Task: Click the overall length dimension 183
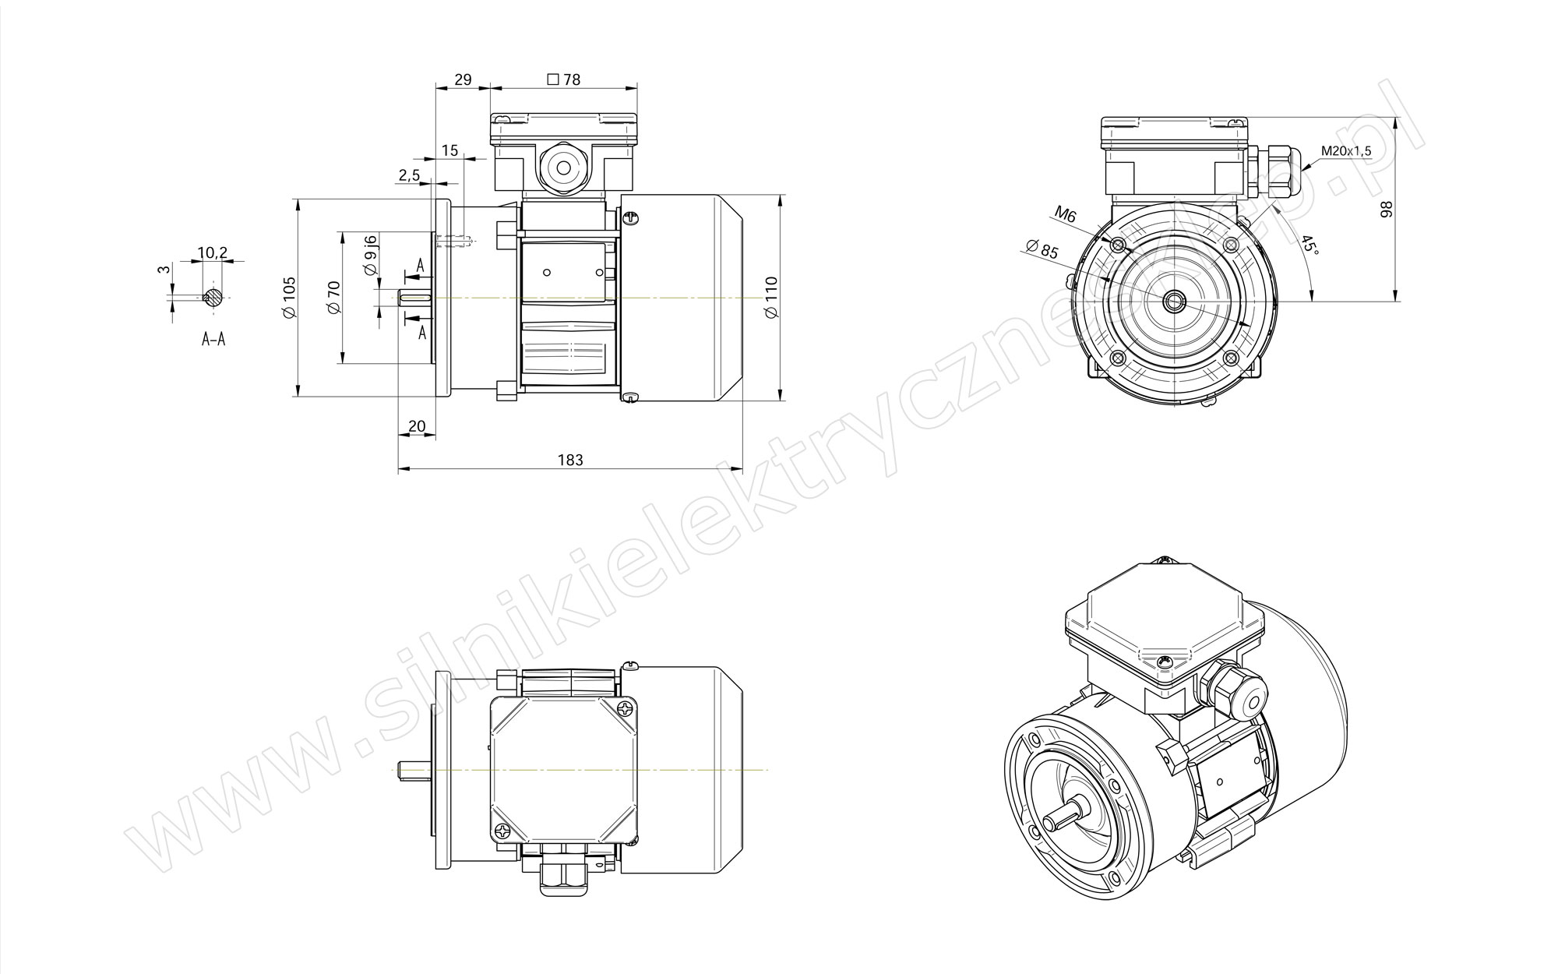[x=570, y=460]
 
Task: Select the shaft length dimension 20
[x=417, y=426]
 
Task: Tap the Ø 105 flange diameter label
[x=289, y=297]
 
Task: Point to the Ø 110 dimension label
[x=772, y=297]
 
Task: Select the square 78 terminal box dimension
[x=564, y=79]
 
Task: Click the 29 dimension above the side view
[x=463, y=79]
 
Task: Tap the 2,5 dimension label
[x=410, y=176]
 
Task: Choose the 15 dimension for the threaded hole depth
[x=449, y=150]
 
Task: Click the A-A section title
[x=213, y=339]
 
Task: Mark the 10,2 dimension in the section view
[x=212, y=252]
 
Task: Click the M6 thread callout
[x=1065, y=214]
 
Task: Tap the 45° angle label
[x=1311, y=245]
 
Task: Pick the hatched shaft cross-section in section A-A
[x=213, y=297]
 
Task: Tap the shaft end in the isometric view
[x=1053, y=824]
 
